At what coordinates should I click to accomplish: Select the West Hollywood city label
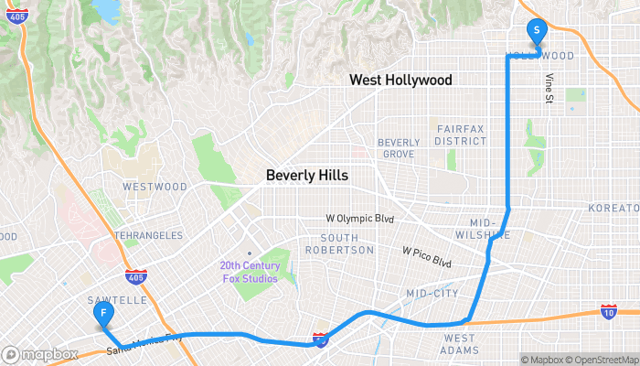400,81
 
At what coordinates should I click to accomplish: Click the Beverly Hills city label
306,175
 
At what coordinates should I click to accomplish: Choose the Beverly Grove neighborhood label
399,148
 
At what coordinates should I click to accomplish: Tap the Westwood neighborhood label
155,187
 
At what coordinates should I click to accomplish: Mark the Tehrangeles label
148,235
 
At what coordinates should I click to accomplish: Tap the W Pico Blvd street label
427,256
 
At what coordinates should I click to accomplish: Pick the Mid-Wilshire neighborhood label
489,229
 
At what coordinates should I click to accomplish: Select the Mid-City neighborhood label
432,294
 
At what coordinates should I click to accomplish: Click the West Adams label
459,344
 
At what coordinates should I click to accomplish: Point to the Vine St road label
549,89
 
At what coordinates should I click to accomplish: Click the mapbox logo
39,354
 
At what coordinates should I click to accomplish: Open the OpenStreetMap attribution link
603,360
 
